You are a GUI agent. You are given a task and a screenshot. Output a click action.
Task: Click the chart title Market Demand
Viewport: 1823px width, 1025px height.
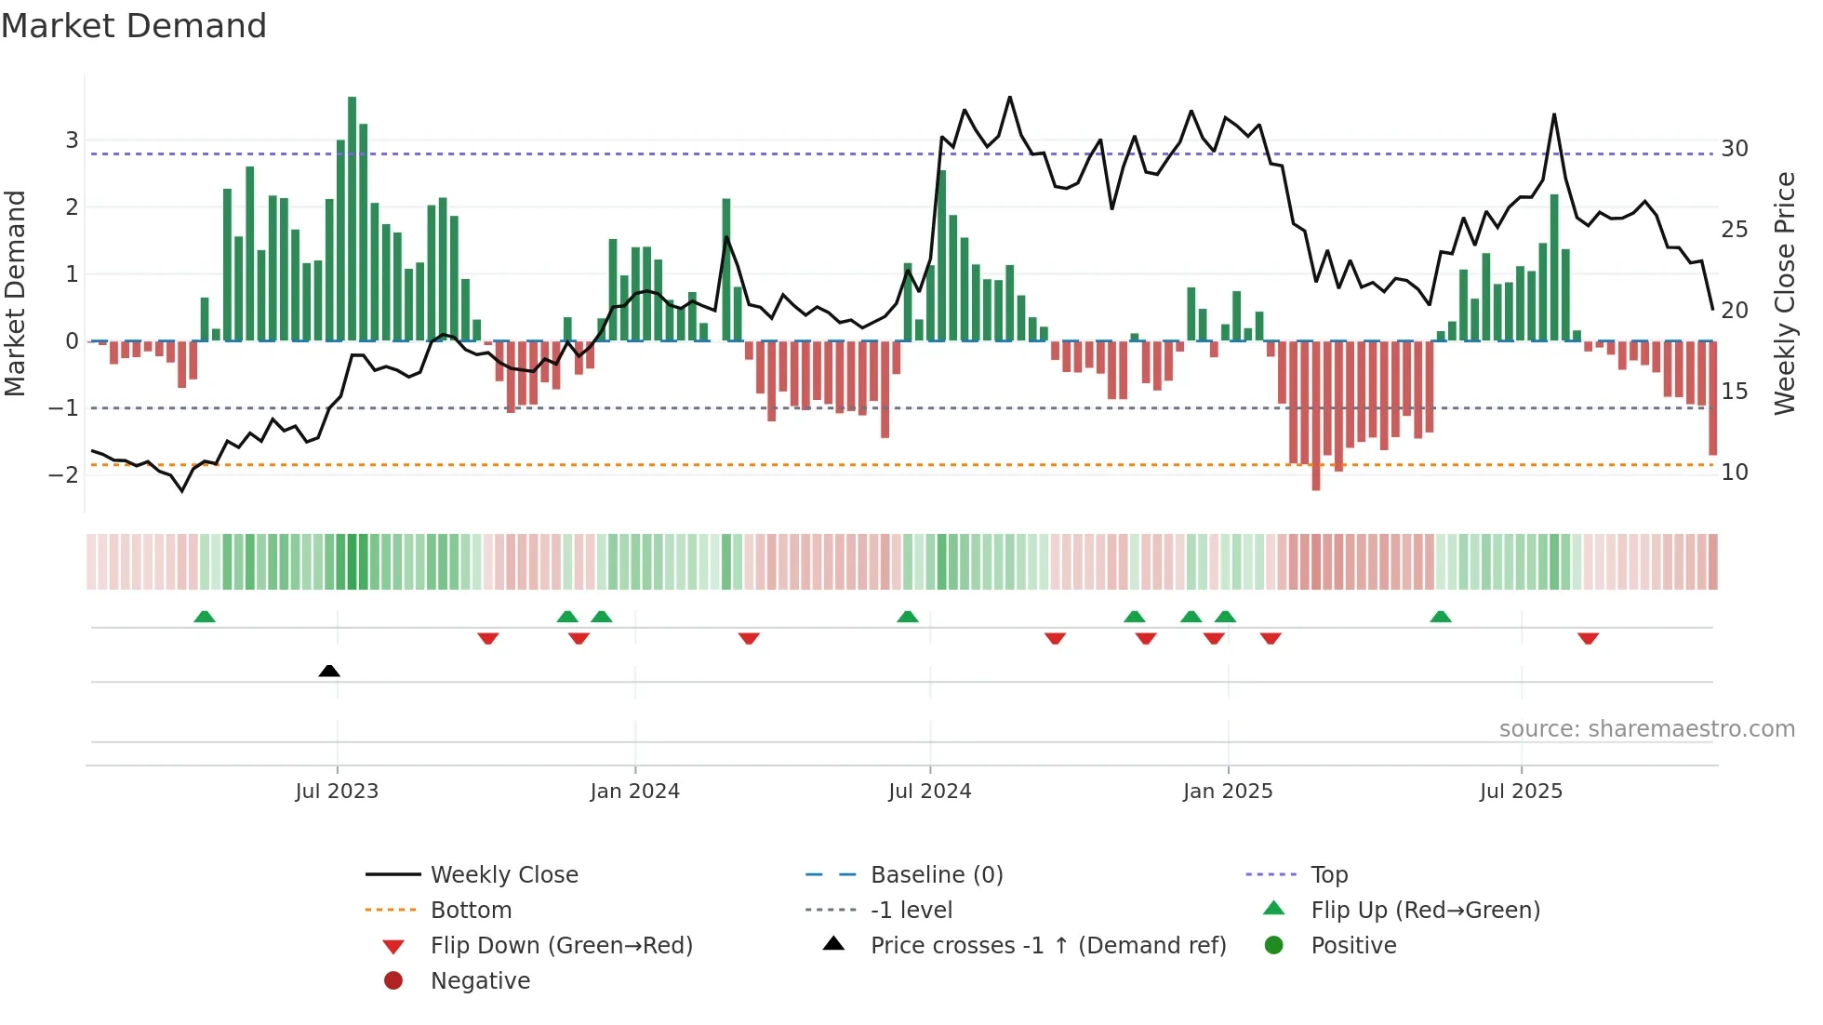click(x=134, y=26)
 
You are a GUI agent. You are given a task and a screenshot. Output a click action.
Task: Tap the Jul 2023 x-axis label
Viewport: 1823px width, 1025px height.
click(x=337, y=792)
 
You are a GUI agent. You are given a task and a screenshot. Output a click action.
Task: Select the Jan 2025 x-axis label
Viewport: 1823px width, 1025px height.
click(x=1228, y=792)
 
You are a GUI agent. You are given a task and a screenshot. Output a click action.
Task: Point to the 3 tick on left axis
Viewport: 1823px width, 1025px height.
click(x=72, y=140)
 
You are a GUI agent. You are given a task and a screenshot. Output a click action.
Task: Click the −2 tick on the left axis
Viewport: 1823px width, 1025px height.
click(x=63, y=475)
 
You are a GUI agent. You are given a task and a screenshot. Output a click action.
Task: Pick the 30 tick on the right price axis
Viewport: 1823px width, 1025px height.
click(x=1735, y=149)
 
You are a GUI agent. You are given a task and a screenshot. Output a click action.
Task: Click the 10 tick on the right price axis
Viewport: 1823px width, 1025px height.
click(x=1735, y=473)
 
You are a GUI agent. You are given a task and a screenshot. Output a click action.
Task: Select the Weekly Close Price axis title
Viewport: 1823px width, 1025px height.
click(x=1784, y=293)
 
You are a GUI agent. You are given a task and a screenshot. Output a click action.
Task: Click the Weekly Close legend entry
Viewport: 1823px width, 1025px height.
click(x=504, y=875)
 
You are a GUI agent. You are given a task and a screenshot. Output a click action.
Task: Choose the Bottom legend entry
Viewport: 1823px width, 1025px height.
click(x=471, y=911)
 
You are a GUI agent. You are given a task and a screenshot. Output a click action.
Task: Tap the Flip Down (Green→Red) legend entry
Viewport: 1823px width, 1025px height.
click(x=561, y=946)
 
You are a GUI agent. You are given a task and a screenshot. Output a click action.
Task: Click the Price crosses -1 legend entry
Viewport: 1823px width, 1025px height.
click(x=1047, y=946)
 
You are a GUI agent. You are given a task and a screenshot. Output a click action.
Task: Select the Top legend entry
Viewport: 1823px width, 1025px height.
click(x=1329, y=875)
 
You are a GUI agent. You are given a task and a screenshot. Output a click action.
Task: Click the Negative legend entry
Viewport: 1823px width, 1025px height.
click(x=480, y=981)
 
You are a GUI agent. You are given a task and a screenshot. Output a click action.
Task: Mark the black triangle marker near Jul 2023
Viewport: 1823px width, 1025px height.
click(x=329, y=671)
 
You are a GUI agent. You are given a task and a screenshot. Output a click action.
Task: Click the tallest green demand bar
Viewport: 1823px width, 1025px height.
click(x=353, y=219)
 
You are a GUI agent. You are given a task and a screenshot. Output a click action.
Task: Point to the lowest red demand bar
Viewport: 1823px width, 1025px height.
click(x=1316, y=416)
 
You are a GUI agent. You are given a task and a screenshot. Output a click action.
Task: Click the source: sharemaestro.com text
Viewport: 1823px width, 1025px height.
click(x=1646, y=729)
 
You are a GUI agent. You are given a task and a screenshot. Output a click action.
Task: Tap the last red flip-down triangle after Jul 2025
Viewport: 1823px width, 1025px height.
click(x=1588, y=638)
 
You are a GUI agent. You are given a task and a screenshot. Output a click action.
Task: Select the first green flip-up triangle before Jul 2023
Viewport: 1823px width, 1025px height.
click(x=205, y=616)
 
